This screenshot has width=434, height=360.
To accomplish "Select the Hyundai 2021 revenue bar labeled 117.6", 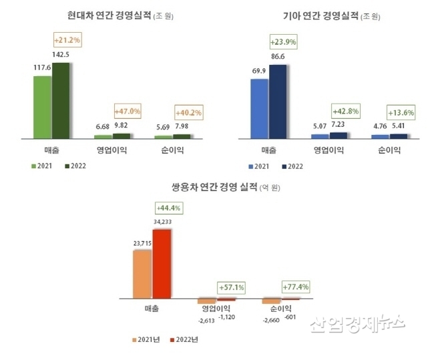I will [42, 107].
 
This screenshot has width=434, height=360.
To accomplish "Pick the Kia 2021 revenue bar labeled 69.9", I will [259, 108].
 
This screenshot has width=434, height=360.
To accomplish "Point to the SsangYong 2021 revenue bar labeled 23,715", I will [143, 274].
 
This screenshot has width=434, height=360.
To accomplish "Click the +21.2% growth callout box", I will [67, 40].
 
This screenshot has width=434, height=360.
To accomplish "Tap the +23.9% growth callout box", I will [283, 42].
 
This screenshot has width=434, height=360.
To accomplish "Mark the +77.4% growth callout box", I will [294, 287].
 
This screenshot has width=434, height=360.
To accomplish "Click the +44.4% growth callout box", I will [168, 208].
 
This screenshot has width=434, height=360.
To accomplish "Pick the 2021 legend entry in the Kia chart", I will [260, 165].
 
